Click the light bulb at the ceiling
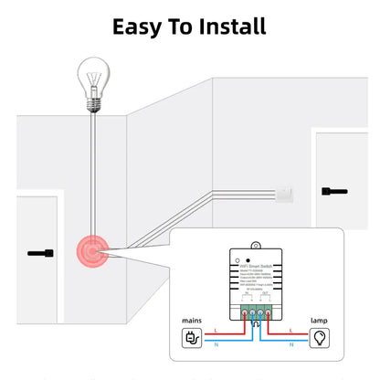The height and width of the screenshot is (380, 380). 93,74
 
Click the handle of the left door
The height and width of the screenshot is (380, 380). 40,252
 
